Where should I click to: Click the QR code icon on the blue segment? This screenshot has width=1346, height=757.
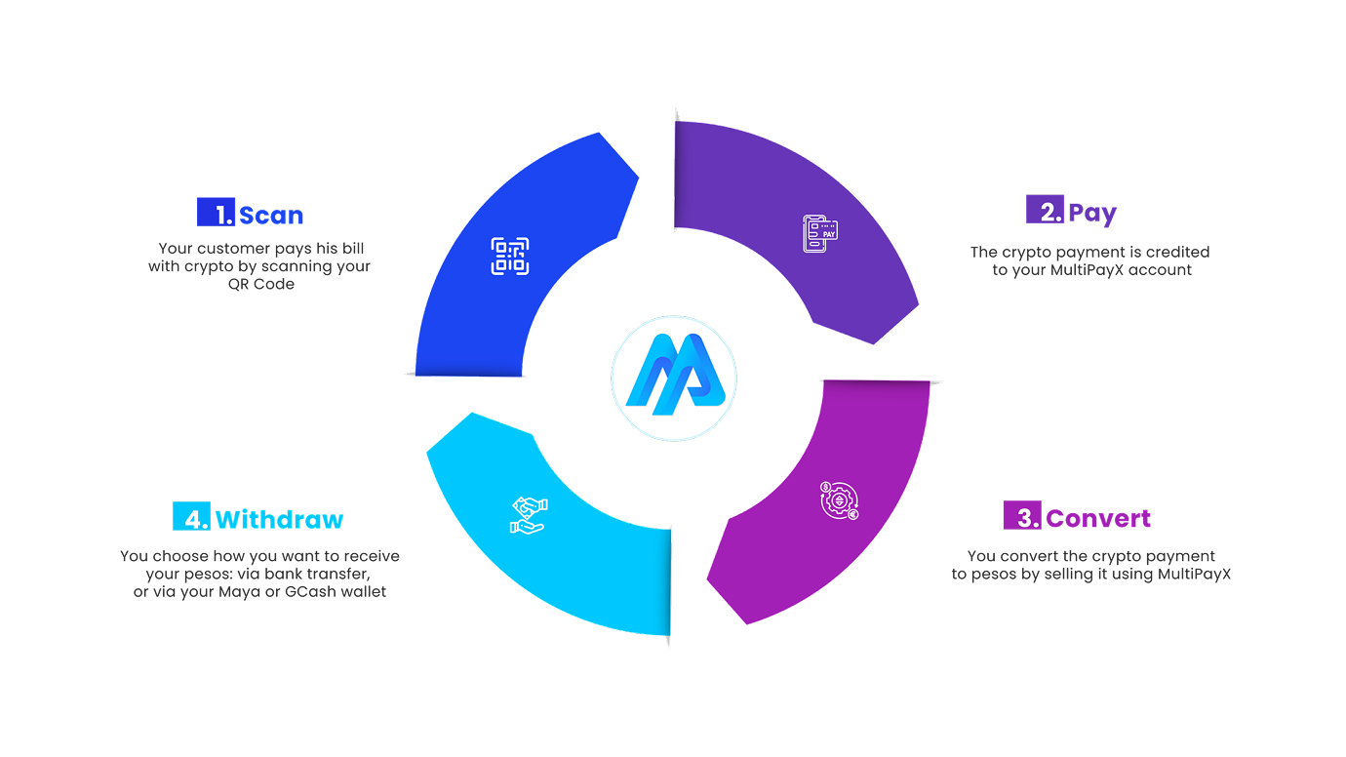click(x=509, y=257)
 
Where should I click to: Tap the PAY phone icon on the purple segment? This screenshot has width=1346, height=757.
click(x=820, y=234)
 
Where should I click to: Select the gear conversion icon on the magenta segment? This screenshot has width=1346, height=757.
click(x=840, y=500)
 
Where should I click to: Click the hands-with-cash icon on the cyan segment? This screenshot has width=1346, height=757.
click(x=529, y=515)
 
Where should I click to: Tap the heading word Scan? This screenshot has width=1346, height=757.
click(x=271, y=215)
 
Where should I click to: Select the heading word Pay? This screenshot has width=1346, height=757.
click(x=1092, y=214)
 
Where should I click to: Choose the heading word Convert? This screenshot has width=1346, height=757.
click(x=1098, y=518)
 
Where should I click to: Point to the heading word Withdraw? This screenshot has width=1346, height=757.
click(x=279, y=519)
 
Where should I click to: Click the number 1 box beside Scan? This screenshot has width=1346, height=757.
click(x=216, y=212)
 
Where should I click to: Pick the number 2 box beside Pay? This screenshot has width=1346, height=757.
click(x=1045, y=209)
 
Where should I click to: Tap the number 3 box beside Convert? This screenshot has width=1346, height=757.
click(x=1022, y=515)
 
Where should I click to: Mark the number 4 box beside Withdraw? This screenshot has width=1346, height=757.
click(x=192, y=516)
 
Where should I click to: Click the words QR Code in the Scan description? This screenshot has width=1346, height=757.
click(x=261, y=284)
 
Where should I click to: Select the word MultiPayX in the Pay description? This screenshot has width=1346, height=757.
click(x=1087, y=270)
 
